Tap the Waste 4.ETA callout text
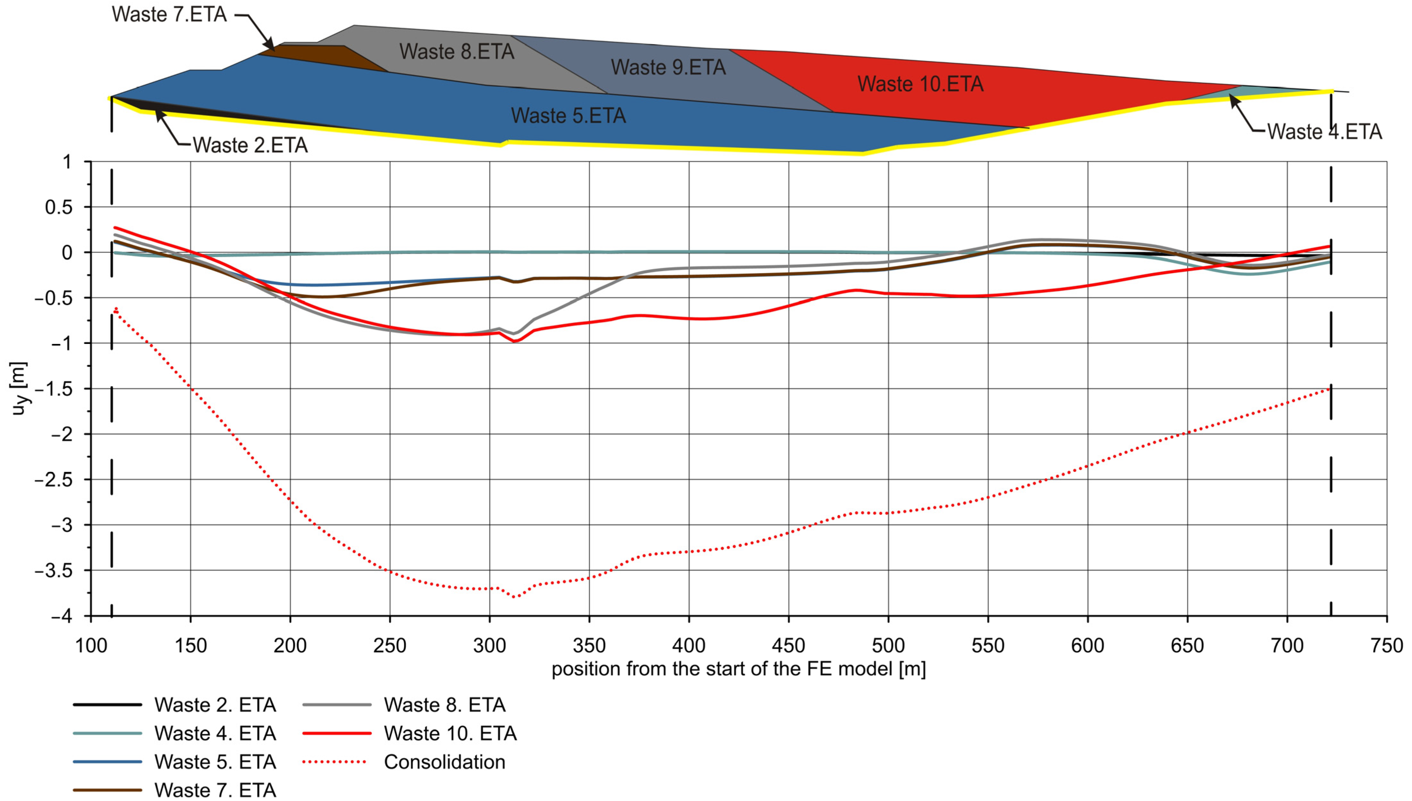pos(1324,132)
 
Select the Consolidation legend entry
pos(444,762)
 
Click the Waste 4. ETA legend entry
pos(214,733)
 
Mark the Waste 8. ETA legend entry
pos(444,705)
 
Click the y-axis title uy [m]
pos(19,388)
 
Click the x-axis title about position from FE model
pos(738,669)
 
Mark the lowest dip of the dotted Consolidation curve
pos(515,597)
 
